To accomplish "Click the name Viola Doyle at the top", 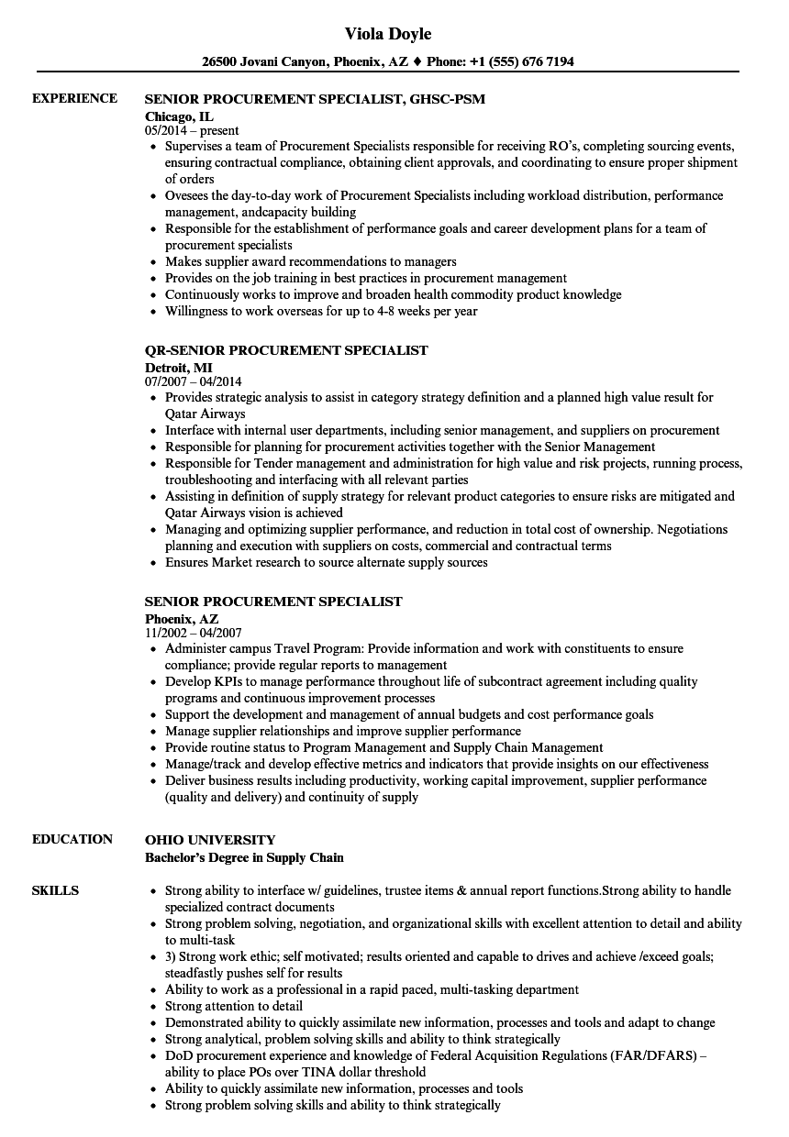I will coord(388,34).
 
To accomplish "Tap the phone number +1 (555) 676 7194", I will coord(522,62).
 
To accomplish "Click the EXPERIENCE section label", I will coord(74,98).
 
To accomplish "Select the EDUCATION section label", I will coord(72,839).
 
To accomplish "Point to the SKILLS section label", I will coord(55,890).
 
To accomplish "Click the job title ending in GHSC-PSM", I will coord(315,99).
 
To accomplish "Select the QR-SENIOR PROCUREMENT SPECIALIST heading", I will coord(286,350).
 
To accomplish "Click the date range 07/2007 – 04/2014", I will coord(194,381).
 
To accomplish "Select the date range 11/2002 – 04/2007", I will coord(193,633).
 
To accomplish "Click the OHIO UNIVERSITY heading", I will coord(210,840).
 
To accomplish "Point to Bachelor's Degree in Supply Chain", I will coord(244,857).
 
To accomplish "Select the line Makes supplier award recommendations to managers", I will coord(310,261).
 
